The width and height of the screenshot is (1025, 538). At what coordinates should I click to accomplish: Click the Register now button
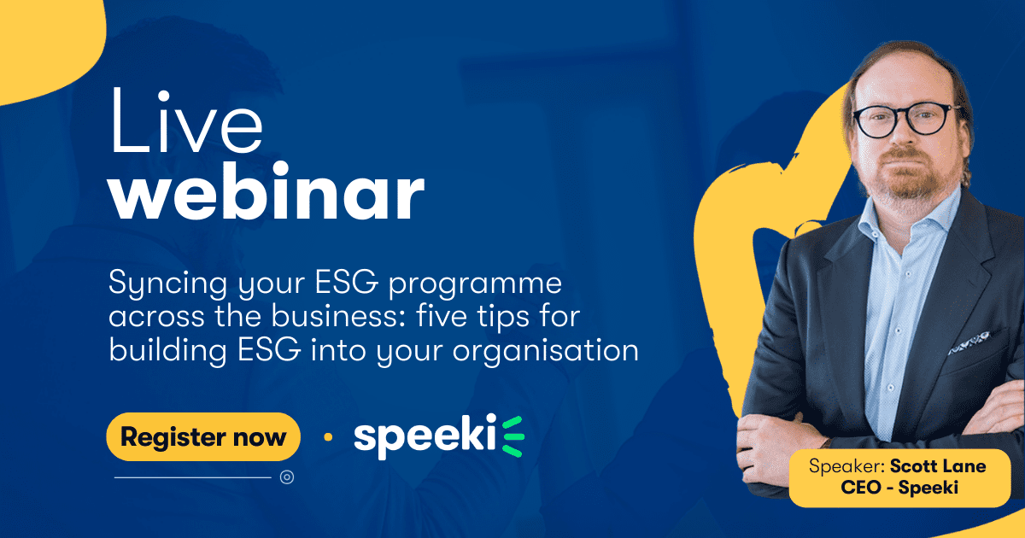pos(203,436)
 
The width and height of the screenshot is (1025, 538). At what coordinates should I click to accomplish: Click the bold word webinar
pos(266,191)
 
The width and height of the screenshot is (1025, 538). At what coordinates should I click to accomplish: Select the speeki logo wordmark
pos(425,436)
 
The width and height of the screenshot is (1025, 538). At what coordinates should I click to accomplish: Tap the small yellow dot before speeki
pos(328,437)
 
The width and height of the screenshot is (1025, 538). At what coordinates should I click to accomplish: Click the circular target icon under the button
pos(287,477)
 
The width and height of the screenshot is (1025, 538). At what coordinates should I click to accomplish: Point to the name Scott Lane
pos(938,466)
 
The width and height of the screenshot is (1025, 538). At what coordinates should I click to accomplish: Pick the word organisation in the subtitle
pos(546,351)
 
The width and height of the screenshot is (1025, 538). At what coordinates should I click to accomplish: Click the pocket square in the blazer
pos(969,342)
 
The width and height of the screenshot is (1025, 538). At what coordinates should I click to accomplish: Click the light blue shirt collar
pos(911,216)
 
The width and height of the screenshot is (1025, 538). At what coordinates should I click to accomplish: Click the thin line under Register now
pos(193,477)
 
